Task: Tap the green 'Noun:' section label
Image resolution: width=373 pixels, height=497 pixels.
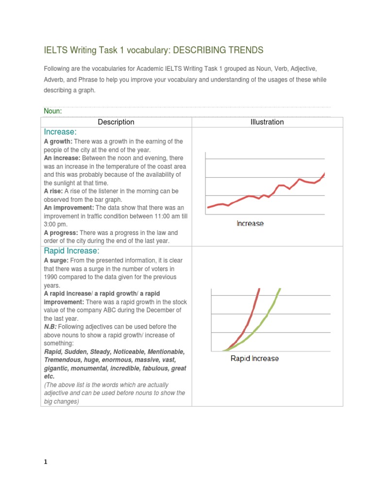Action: (53, 111)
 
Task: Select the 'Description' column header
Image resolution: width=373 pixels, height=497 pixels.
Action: (116, 122)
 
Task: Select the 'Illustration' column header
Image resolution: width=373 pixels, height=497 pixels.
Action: (267, 122)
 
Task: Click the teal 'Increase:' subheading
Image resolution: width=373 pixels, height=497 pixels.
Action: (60, 132)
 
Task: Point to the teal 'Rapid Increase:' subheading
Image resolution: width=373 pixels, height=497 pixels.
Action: (71, 250)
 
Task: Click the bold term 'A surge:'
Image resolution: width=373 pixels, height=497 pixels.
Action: (57, 260)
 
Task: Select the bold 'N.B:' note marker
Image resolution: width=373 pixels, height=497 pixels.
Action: (50, 327)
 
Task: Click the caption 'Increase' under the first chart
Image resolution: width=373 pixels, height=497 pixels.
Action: (250, 224)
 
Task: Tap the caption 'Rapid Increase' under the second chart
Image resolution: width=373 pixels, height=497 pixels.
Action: (254, 359)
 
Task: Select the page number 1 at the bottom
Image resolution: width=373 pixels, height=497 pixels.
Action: (46, 463)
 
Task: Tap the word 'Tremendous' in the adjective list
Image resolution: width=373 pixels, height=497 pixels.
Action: (61, 360)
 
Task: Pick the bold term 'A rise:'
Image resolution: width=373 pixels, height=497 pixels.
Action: (53, 191)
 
